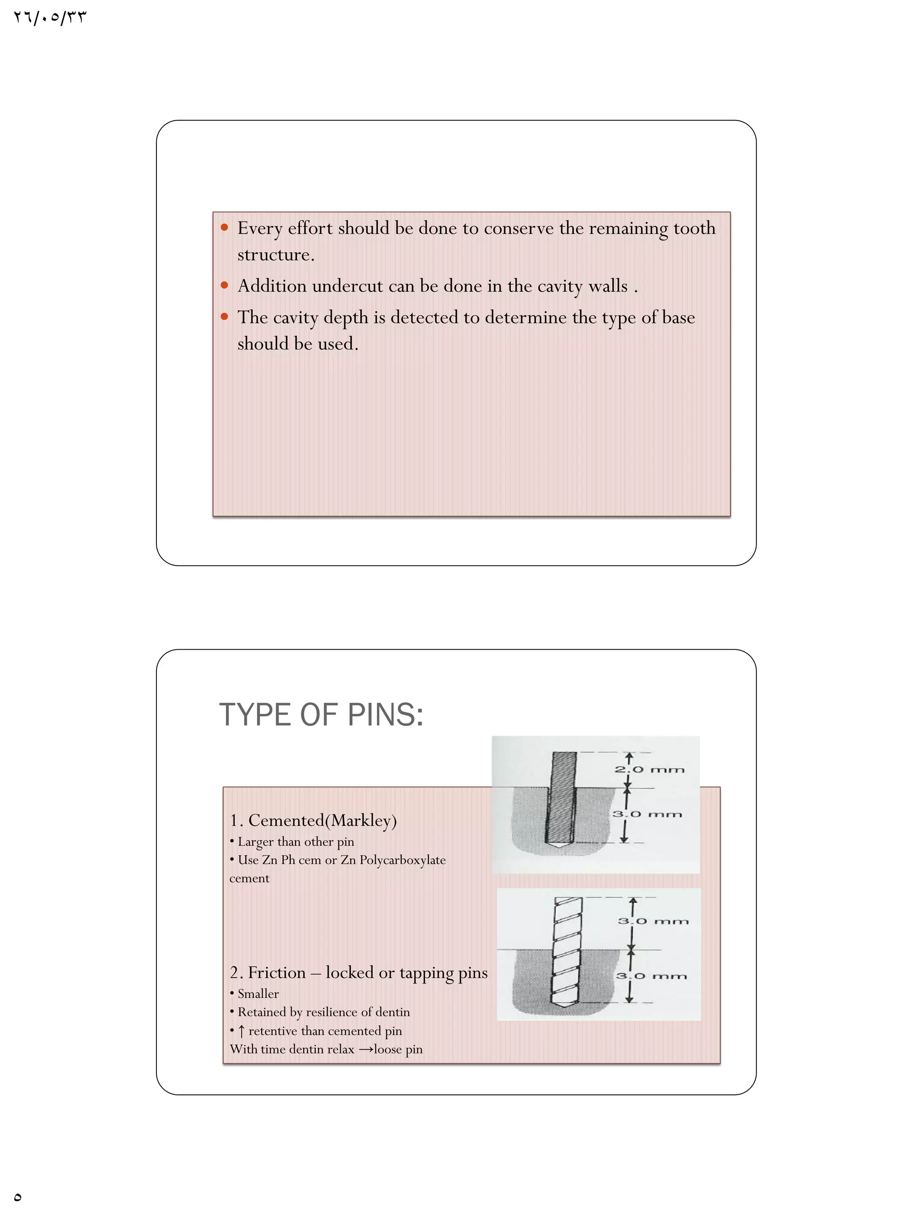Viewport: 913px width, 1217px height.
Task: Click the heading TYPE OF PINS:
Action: [321, 715]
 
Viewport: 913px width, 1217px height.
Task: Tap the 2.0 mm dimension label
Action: [650, 769]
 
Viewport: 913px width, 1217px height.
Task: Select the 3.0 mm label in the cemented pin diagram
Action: [647, 814]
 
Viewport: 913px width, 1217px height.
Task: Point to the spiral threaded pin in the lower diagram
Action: [567, 952]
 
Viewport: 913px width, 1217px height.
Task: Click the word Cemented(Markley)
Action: [322, 820]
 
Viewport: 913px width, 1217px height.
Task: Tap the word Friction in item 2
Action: [276, 973]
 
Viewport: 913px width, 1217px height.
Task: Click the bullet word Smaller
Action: [258, 994]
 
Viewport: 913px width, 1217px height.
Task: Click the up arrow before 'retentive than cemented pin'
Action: [241, 1030]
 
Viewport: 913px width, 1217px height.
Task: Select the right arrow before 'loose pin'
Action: [366, 1049]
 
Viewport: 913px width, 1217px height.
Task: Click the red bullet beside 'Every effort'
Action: [224, 227]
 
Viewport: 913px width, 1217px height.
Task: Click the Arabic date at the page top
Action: [50, 18]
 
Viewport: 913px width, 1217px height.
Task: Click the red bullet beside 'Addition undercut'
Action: [224, 285]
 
